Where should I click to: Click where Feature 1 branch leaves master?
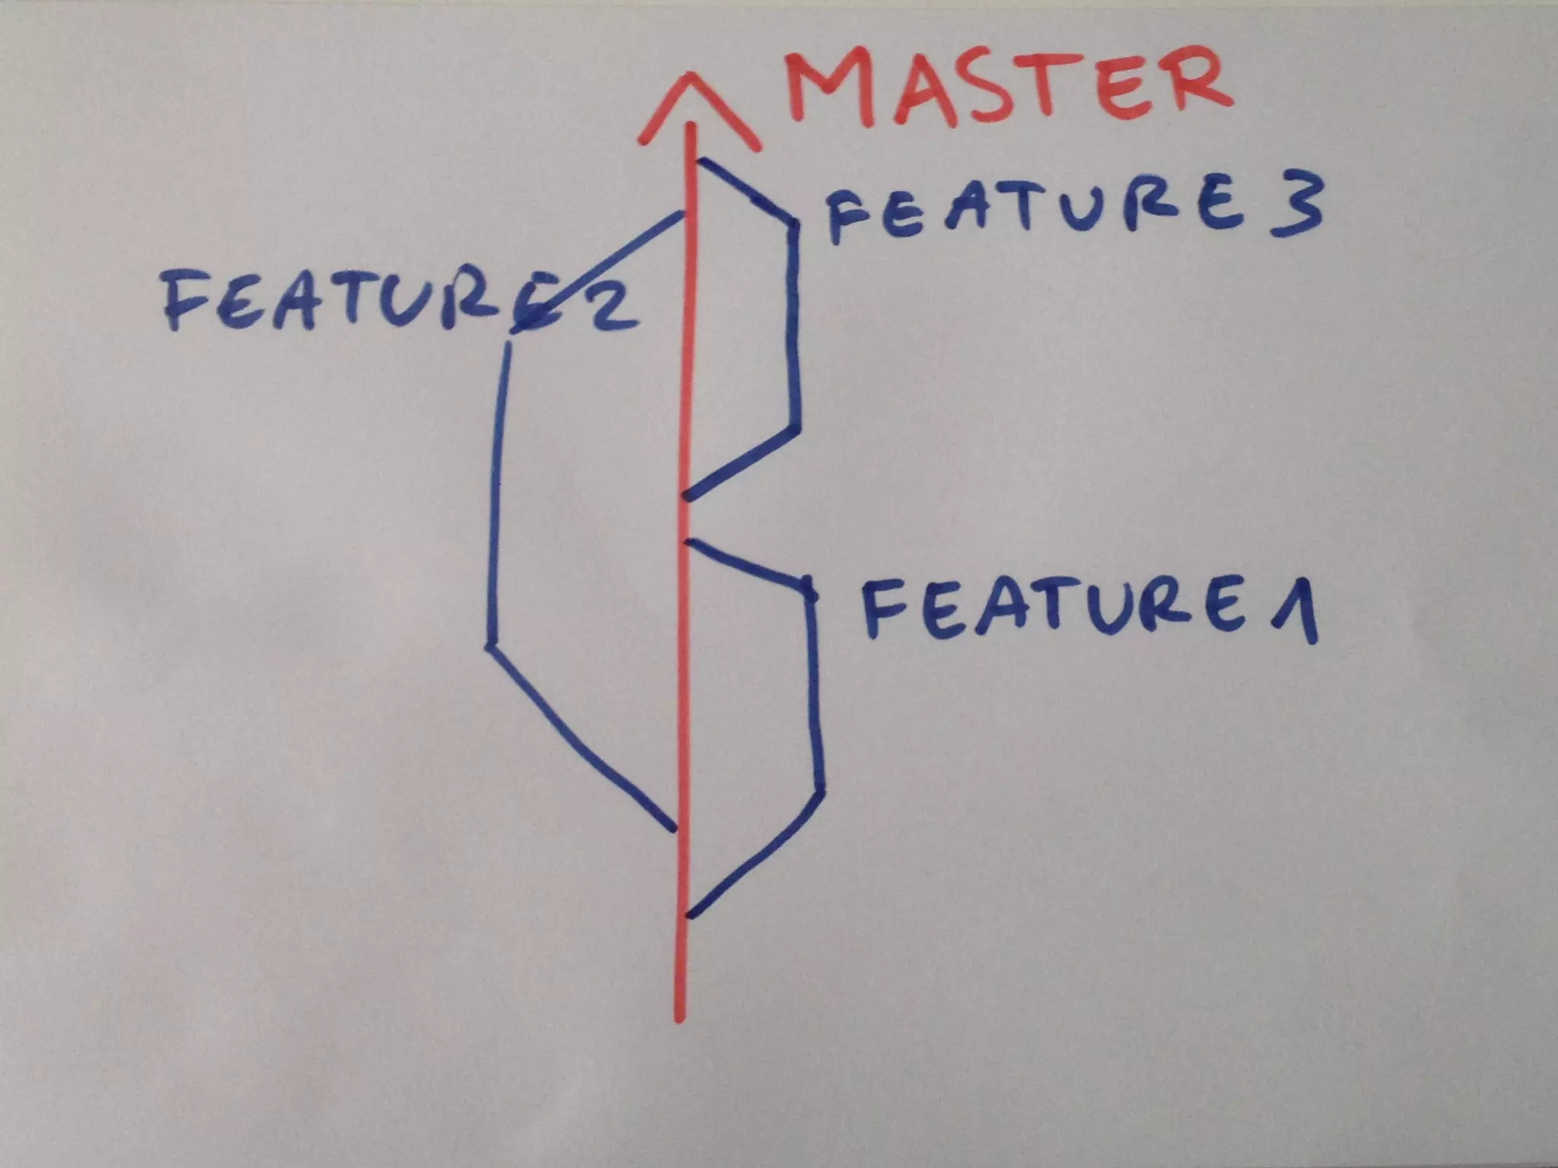click(x=688, y=915)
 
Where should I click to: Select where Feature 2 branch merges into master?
click(x=683, y=216)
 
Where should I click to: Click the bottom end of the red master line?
click(x=679, y=1019)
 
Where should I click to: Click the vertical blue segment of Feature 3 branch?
click(x=795, y=327)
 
